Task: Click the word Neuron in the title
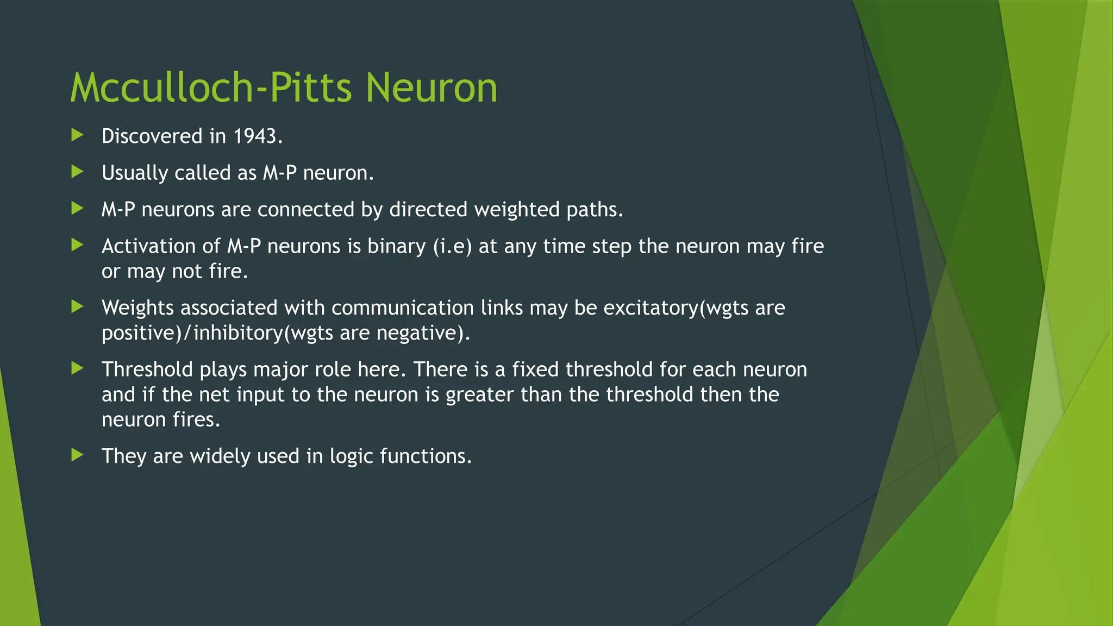pos(431,87)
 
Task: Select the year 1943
pos(255,136)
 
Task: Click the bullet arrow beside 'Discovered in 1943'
pos(78,135)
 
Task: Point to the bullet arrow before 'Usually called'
pos(78,172)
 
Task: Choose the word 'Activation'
pos(148,247)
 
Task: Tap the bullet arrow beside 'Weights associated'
pos(78,307)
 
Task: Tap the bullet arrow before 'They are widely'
pos(78,455)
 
